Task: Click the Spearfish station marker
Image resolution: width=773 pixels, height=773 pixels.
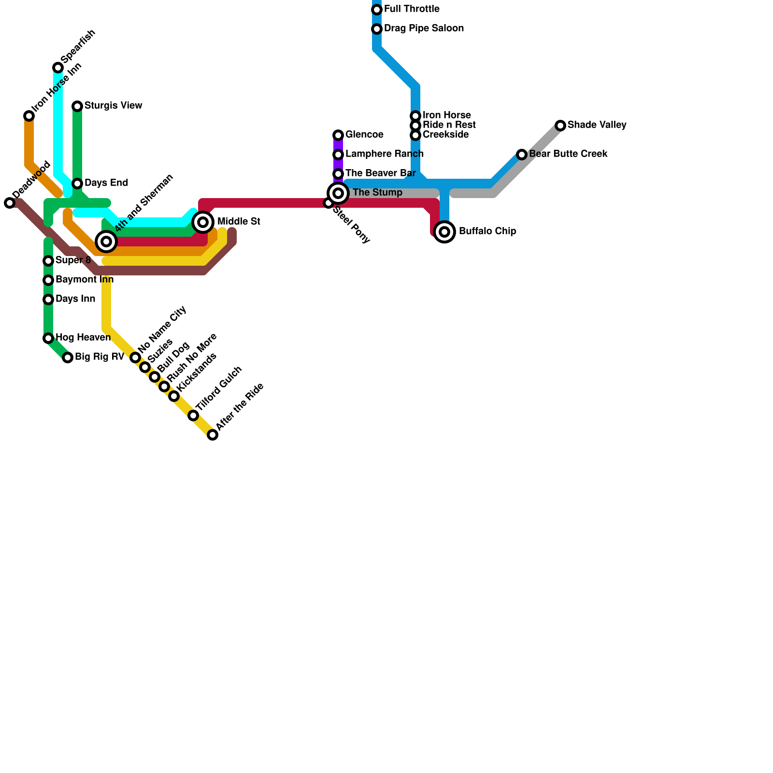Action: (58, 68)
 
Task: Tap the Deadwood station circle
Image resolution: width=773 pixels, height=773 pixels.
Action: (10, 203)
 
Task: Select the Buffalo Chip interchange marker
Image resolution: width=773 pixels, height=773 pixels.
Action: (445, 232)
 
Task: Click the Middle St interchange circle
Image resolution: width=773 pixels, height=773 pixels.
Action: (203, 222)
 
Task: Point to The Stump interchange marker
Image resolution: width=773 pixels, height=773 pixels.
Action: (339, 193)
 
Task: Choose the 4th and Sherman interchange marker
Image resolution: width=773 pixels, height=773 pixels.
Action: (107, 242)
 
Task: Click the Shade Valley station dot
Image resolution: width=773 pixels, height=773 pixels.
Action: (560, 126)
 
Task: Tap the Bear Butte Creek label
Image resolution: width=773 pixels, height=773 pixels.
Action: (568, 154)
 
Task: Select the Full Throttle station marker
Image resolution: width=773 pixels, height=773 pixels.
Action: (377, 10)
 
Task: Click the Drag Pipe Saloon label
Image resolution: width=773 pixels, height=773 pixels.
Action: (424, 29)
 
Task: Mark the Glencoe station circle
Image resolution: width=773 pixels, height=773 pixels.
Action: (338, 135)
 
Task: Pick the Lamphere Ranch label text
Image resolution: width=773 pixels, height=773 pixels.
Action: (384, 154)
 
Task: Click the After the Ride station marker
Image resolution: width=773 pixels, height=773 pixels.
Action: (213, 435)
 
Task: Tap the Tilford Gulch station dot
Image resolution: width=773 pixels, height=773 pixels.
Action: (193, 415)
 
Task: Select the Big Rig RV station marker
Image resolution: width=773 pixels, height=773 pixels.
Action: (68, 358)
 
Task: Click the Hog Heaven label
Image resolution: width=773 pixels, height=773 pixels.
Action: (83, 337)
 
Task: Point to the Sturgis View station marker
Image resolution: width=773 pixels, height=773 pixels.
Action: (77, 106)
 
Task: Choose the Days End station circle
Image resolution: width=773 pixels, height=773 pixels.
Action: (77, 184)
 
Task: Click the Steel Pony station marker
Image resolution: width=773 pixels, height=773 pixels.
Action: (329, 203)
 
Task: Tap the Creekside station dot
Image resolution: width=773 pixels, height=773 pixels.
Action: (415, 135)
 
